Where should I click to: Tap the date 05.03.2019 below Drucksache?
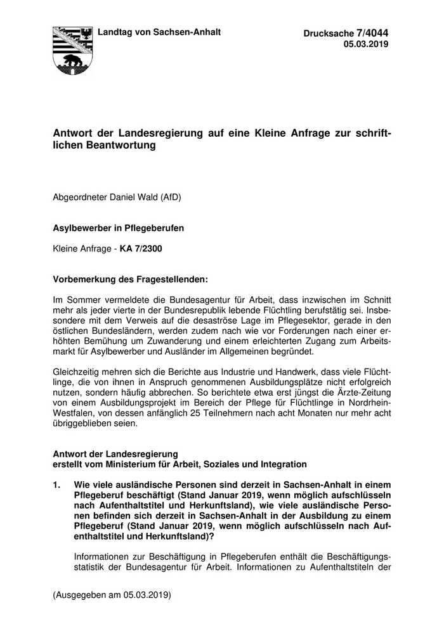[x=366, y=44]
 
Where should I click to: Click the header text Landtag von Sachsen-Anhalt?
[x=158, y=32]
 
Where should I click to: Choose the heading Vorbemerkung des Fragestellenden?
[x=130, y=279]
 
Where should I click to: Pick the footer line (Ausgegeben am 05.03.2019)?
[x=112, y=595]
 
